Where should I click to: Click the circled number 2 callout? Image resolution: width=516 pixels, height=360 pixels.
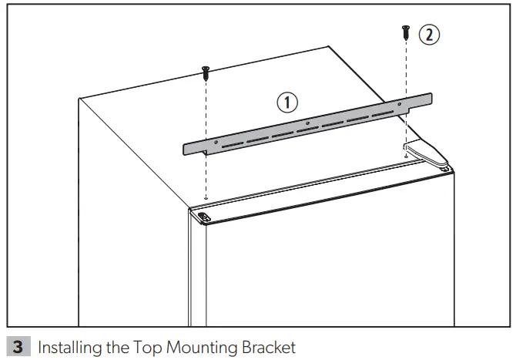click(428, 34)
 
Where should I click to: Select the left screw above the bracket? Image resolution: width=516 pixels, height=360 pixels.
click(206, 73)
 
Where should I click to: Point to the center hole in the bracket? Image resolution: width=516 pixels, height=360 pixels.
click(307, 122)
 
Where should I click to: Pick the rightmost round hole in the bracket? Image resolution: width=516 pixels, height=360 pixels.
click(399, 103)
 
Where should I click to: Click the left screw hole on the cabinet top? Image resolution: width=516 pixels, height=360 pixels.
click(206, 196)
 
